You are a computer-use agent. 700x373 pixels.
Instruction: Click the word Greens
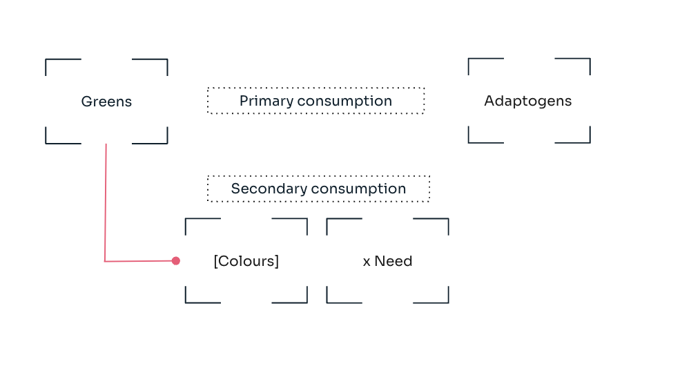106,102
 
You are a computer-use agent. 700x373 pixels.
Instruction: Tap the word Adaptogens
527,102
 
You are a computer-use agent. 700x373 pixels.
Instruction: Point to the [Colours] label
246,261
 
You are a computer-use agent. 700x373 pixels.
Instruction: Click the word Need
393,261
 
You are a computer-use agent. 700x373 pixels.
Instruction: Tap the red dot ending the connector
176,261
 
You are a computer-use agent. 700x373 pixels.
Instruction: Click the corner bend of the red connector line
104,261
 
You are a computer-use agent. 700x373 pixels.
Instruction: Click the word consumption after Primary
344,102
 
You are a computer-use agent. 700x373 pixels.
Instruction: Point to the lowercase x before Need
367,262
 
